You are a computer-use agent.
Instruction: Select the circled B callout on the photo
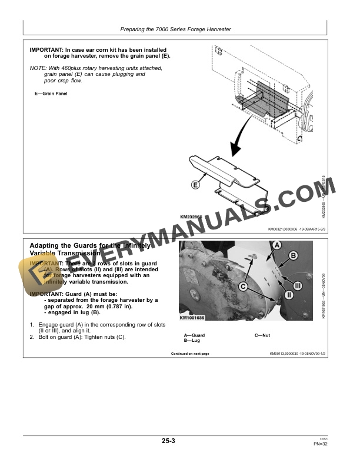point(294,255)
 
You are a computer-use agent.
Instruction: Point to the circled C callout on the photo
point(242,286)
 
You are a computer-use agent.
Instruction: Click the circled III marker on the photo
point(297,285)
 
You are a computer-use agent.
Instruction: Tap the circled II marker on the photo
point(289,294)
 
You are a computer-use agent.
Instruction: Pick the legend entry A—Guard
point(195,335)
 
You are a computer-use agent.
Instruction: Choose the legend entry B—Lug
point(192,340)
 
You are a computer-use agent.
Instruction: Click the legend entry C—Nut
point(262,335)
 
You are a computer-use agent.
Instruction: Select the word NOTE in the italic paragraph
point(38,68)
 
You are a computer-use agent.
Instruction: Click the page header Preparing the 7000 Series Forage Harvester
point(175,29)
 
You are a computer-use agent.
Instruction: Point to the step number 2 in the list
point(32,337)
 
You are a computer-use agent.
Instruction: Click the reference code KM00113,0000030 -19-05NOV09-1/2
point(297,354)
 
